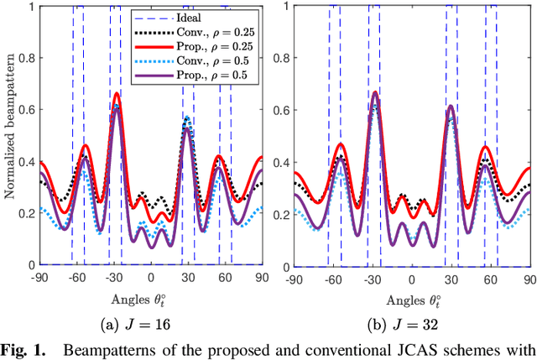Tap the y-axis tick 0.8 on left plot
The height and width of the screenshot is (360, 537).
[27, 59]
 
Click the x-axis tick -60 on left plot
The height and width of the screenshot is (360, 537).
[76, 277]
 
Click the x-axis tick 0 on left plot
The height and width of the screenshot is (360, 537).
[151, 277]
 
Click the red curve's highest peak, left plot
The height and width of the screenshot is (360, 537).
[116, 93]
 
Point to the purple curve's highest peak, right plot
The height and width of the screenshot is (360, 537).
[374, 93]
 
